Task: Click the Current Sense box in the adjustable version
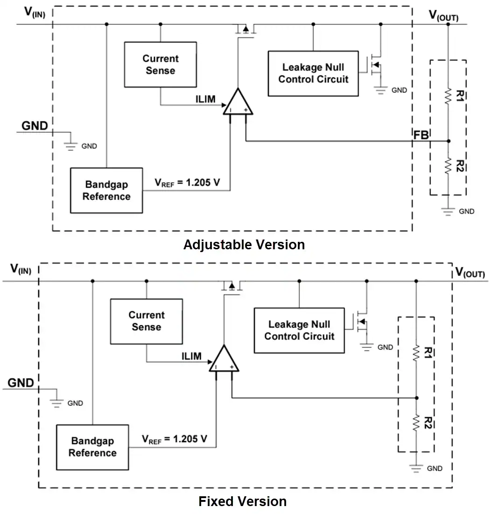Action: tap(160, 64)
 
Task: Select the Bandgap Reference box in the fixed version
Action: tap(92, 447)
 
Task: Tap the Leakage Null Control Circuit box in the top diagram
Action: tap(313, 73)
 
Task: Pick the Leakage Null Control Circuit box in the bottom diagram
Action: tap(299, 331)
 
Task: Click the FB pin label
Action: tap(421, 135)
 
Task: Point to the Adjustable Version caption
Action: tap(244, 245)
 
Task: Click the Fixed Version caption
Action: tap(243, 501)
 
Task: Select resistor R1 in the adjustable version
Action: tap(448, 96)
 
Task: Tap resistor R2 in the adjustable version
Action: tap(448, 166)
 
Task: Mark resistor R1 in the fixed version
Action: tap(416, 353)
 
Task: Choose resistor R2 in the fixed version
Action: tap(416, 423)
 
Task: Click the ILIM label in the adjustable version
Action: tap(205, 99)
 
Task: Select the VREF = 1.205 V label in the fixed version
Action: tap(175, 439)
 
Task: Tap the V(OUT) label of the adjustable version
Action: tap(443, 15)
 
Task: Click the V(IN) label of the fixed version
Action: tap(21, 269)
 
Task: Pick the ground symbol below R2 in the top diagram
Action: tap(448, 211)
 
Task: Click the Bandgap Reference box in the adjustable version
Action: tap(106, 190)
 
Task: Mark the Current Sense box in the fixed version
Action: tap(147, 321)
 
